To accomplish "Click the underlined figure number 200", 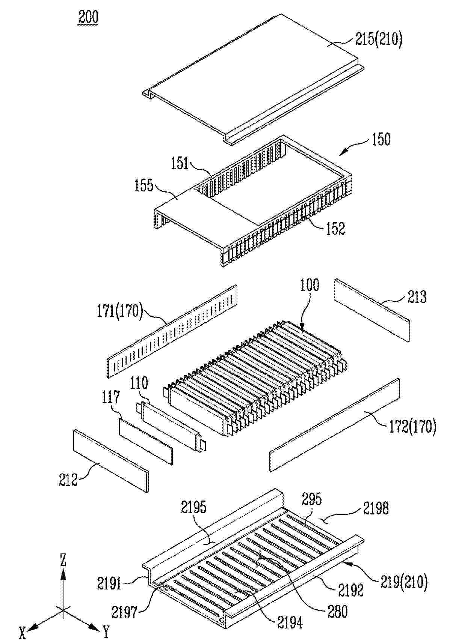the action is pos(88,17).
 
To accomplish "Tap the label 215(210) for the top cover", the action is pos(379,39).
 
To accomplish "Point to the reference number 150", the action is pos(381,139).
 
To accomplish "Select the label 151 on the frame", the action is pos(180,163).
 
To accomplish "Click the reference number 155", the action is pos(144,185).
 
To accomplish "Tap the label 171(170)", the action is pos(120,311).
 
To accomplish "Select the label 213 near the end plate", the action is pos(417,297).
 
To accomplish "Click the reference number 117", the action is pos(111,397).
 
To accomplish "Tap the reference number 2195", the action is pos(194,507).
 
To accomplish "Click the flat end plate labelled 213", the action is pos(372,310).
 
